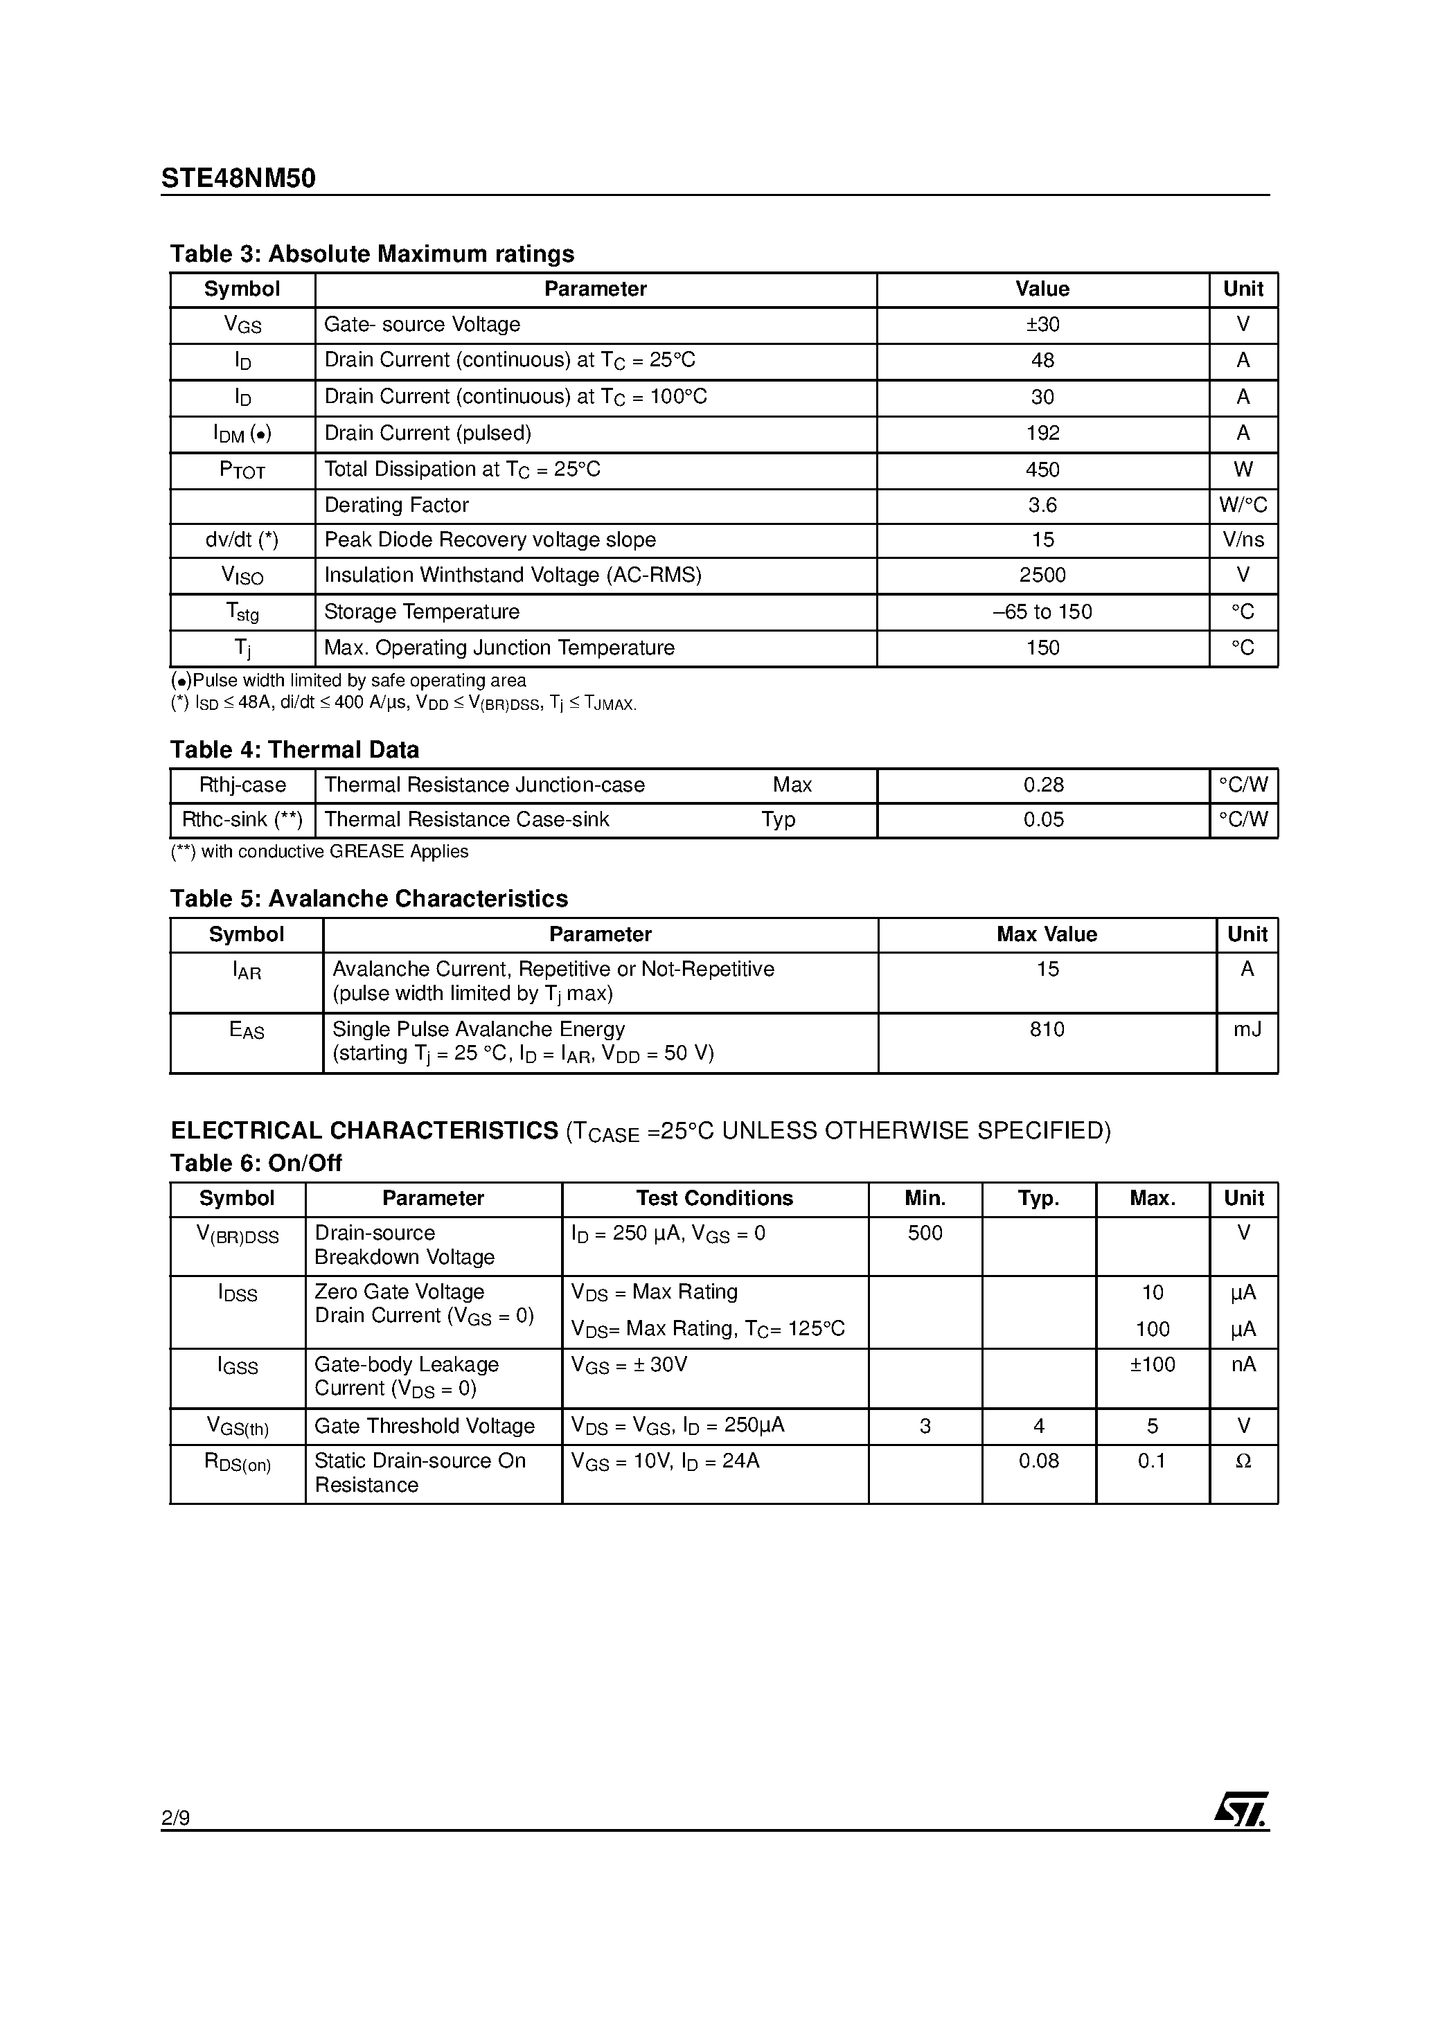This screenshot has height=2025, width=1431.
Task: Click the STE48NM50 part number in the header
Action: click(238, 179)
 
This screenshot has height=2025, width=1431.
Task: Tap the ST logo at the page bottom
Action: click(1241, 1809)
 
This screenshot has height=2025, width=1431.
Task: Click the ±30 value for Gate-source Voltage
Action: click(1042, 325)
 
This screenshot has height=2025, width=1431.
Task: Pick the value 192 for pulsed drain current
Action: click(1042, 433)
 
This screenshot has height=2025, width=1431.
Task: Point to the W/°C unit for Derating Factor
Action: click(1242, 506)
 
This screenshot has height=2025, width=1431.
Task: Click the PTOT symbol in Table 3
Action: click(242, 470)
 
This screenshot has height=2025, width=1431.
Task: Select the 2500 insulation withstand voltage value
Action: click(1042, 575)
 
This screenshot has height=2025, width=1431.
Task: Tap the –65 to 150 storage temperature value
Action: click(1042, 612)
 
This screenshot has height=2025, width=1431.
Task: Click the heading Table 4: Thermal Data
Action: click(294, 749)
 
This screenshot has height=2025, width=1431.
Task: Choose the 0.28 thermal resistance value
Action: click(1043, 785)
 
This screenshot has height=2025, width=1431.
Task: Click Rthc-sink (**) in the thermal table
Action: click(242, 820)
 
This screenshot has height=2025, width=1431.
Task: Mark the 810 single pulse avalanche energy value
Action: click(1047, 1029)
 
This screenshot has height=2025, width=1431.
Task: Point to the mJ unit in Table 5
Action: click(1247, 1029)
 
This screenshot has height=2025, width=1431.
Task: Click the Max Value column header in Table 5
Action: click(1047, 935)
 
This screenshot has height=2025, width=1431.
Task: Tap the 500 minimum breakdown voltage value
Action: click(925, 1233)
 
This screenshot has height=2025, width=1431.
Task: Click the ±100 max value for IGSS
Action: click(1152, 1365)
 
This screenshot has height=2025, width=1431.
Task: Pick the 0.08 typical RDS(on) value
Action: click(1038, 1461)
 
